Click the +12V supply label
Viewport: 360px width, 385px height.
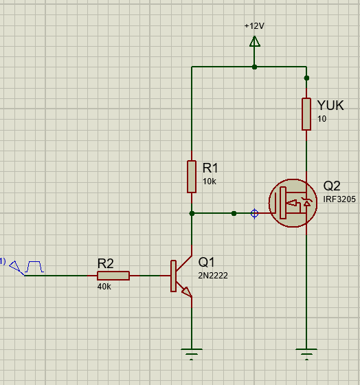coord(254,26)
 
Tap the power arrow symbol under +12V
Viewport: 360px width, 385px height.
coord(254,41)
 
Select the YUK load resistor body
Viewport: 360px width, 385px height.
coord(306,114)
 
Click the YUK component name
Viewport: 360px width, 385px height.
coord(330,105)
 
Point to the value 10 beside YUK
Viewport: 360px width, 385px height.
coord(322,119)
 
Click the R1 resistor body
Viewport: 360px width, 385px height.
coord(192,177)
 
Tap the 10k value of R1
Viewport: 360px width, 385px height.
coord(210,181)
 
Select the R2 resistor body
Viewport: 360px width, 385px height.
coord(113,276)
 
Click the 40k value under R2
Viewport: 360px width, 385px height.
coord(104,287)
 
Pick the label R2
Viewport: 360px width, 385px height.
coord(106,264)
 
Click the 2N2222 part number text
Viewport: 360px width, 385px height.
coord(213,276)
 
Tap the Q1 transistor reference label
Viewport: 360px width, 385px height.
coord(206,262)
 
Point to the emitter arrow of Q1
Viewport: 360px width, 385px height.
coord(187,292)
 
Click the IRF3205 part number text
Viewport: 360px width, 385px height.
coord(339,199)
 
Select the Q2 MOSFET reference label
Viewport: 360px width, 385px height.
coord(332,186)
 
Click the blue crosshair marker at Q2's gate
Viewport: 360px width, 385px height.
coord(254,213)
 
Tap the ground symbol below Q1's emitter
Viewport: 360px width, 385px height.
coord(192,354)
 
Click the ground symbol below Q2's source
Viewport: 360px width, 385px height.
coord(306,354)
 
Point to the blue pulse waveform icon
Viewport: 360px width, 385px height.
coord(34,267)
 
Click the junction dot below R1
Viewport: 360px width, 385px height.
coord(192,214)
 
